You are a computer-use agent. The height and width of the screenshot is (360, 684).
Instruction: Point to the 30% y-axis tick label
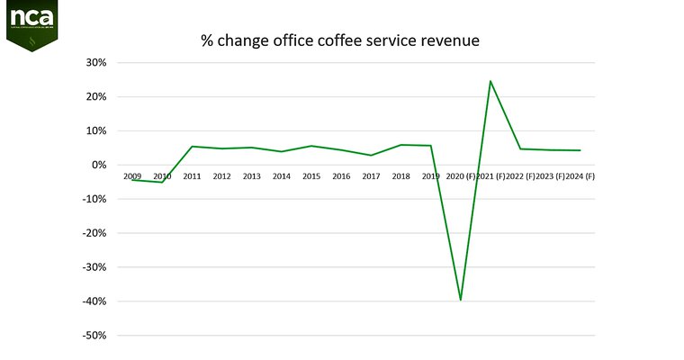96,63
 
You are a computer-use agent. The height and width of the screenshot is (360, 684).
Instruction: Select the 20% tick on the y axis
96,97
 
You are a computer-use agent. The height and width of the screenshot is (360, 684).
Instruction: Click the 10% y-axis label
96,131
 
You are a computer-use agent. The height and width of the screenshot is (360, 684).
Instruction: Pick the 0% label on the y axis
99,166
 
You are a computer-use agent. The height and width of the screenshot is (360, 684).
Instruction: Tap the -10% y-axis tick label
94,200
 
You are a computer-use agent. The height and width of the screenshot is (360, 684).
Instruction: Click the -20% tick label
94,233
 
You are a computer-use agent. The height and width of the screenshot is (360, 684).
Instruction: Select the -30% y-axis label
94,267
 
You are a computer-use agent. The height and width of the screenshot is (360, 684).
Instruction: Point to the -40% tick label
94,301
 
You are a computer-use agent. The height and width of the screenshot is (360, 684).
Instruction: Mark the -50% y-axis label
94,336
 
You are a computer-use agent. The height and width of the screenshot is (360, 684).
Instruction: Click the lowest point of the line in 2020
461,300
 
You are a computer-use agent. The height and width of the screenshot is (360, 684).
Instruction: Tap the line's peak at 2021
490,81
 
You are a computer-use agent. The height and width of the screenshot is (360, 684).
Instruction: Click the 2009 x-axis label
132,176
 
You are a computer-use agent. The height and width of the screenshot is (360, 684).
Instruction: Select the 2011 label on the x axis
192,176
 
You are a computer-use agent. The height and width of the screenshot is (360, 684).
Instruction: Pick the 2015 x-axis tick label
311,176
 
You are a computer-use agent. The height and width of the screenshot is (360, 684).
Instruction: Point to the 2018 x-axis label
401,176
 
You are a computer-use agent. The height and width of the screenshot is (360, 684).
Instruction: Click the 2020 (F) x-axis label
460,176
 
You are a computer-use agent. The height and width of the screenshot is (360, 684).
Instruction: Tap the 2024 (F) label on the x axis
580,176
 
